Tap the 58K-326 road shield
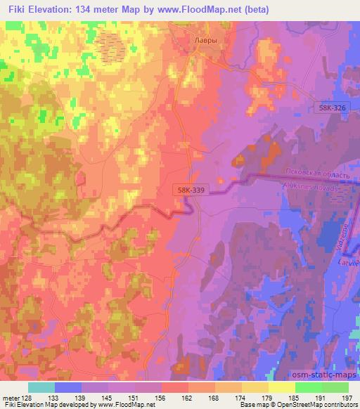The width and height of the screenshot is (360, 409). (x=330, y=108)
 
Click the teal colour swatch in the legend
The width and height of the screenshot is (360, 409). (x=41, y=387)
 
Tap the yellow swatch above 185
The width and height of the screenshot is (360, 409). (x=282, y=387)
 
